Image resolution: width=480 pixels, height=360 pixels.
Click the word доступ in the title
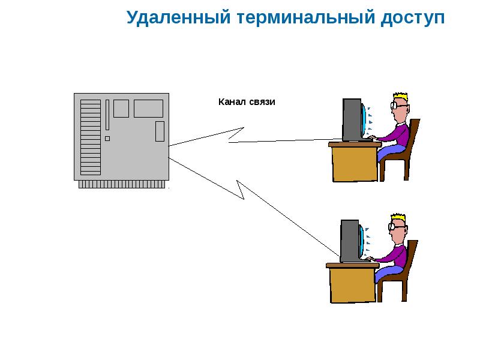tap(413, 18)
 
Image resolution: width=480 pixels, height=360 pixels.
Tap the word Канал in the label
tap(230, 103)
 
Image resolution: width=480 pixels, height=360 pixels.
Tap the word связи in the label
tap(262, 103)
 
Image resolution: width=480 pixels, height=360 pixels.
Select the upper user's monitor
tap(352, 120)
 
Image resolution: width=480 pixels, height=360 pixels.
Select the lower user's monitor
tap(350, 240)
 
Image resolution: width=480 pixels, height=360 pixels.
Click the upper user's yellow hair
tap(400, 97)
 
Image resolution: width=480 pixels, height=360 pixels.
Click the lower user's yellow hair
tap(398, 217)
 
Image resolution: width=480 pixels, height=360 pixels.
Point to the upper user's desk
tap(354, 162)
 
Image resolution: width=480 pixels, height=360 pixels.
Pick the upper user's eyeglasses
tap(396, 106)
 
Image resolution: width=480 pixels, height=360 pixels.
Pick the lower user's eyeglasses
tap(394, 226)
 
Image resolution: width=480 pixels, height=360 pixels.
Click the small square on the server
tap(107, 139)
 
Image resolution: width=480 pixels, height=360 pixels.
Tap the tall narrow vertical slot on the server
tap(107, 114)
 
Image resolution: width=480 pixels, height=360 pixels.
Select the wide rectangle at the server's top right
tap(148, 109)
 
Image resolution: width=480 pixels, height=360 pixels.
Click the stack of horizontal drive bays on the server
tap(91, 137)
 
